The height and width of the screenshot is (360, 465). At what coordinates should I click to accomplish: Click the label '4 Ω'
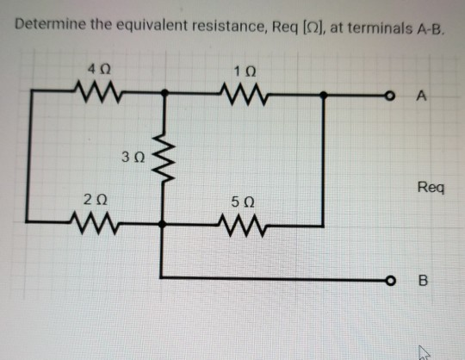(x=91, y=65)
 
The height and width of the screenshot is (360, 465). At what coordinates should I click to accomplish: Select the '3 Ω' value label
(x=133, y=158)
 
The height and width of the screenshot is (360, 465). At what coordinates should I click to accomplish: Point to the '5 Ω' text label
(x=242, y=202)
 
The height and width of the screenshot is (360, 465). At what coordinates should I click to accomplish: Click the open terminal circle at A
(x=392, y=96)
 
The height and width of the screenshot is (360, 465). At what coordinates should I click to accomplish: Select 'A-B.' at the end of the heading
(x=430, y=24)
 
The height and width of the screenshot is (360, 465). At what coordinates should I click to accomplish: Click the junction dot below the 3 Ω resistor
(x=164, y=223)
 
